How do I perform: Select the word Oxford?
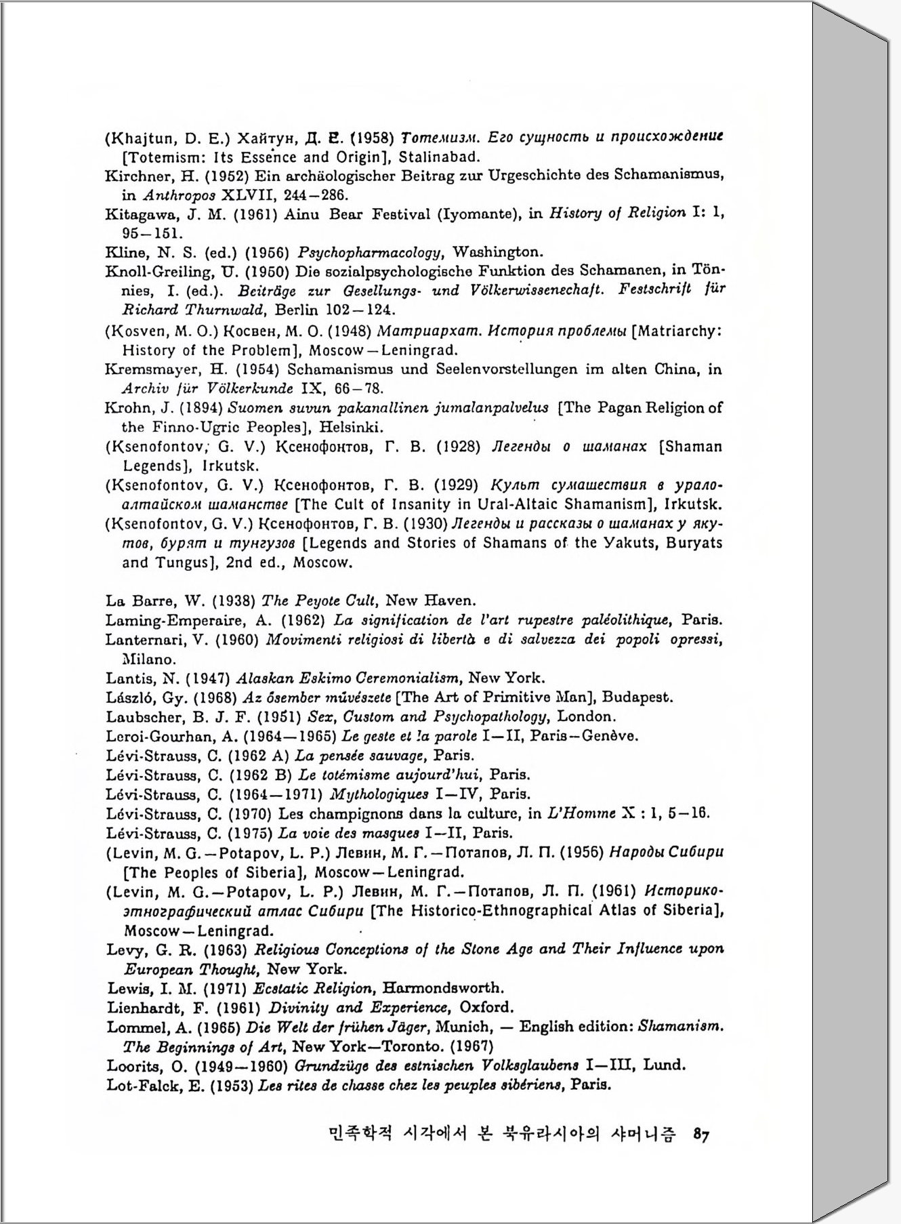(x=486, y=1007)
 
